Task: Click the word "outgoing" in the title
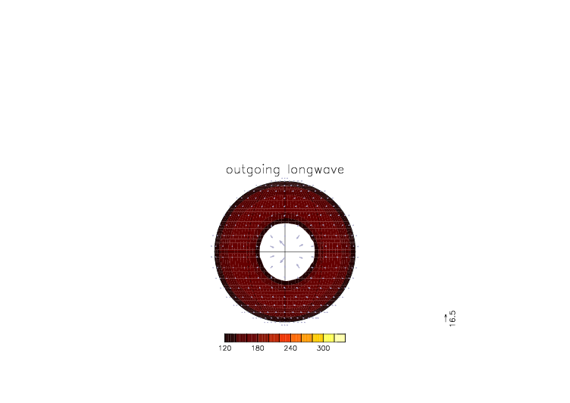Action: pos(253,170)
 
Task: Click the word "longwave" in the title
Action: pos(315,170)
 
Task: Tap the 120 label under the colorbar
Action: pos(225,348)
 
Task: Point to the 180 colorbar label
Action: pos(258,348)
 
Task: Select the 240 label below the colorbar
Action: pos(290,348)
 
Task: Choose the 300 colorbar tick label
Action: pos(323,348)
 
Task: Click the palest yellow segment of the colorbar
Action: pos(340,338)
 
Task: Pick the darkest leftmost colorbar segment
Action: pos(230,338)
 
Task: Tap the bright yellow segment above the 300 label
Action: pos(329,338)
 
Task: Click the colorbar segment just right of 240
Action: pos(296,338)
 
